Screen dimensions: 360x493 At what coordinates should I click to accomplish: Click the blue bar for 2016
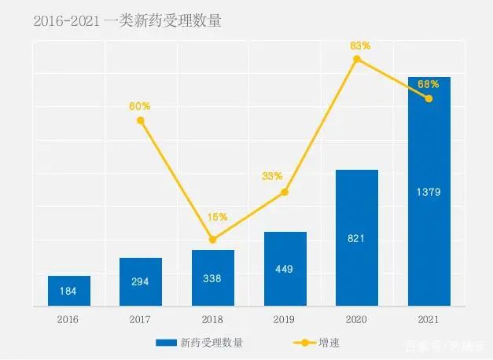(x=68, y=290)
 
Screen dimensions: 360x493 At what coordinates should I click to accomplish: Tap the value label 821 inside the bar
(x=357, y=238)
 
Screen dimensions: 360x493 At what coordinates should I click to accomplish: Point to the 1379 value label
(x=429, y=191)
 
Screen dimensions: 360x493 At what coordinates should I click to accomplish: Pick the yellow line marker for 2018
(x=212, y=240)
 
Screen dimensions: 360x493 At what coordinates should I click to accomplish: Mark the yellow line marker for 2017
(x=141, y=120)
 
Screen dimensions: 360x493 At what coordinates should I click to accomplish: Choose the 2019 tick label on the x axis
(x=285, y=318)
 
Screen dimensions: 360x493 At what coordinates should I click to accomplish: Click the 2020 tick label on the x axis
(x=356, y=318)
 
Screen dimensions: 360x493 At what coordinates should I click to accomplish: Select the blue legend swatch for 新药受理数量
(x=166, y=343)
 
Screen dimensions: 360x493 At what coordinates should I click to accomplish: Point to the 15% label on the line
(x=218, y=217)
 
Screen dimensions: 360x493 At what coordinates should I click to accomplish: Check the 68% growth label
(x=429, y=83)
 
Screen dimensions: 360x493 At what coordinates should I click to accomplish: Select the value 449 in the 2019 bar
(x=285, y=270)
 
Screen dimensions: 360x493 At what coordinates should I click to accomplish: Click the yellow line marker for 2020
(x=357, y=59)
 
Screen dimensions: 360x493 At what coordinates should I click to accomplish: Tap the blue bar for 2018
(x=212, y=277)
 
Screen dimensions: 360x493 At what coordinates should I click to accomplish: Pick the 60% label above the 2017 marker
(x=140, y=106)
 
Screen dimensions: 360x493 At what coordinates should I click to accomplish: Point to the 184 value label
(x=68, y=291)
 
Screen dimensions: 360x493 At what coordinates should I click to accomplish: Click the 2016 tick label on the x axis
(x=68, y=318)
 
